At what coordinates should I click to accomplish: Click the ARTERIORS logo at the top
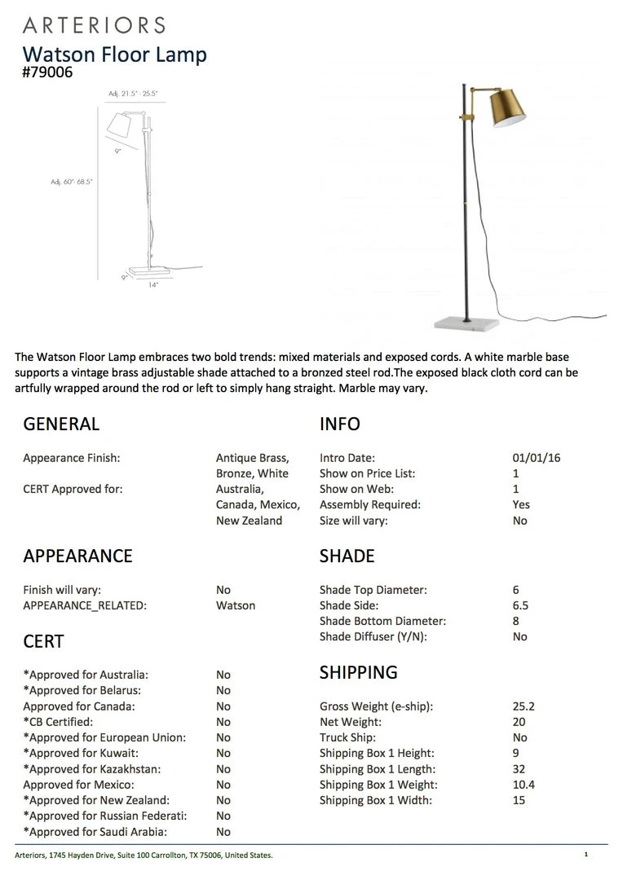[94, 24]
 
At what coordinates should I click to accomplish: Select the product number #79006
[48, 72]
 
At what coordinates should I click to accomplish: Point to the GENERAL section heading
[61, 424]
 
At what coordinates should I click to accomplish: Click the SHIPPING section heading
[358, 672]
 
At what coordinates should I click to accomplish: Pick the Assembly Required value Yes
[521, 504]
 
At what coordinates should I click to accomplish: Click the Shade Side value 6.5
[520, 605]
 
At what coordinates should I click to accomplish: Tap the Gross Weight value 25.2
[524, 706]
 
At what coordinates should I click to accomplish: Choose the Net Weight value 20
[519, 722]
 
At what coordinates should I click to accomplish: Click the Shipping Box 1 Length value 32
[519, 769]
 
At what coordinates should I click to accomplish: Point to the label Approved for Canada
[79, 706]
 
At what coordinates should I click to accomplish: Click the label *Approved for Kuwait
[81, 753]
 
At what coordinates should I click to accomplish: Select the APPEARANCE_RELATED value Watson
[236, 605]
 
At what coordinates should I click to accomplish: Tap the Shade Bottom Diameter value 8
[517, 621]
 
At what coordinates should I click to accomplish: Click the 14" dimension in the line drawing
[153, 285]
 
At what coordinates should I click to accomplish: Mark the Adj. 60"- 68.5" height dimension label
[72, 182]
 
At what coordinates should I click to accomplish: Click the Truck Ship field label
[347, 737]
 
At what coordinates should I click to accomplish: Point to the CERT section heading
[43, 641]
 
